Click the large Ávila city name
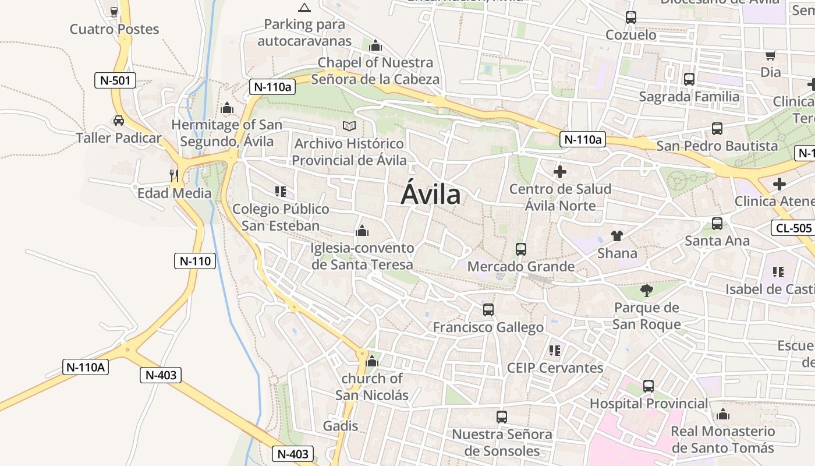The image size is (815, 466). [431, 195]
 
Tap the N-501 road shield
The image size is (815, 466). [115, 80]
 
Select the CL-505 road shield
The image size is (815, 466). [793, 228]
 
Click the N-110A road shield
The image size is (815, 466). [86, 367]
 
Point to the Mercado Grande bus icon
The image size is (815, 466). [521, 249]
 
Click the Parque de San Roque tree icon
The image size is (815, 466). [646, 291]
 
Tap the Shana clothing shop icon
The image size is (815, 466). [617, 236]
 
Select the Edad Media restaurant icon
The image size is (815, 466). [173, 175]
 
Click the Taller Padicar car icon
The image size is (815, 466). [119, 121]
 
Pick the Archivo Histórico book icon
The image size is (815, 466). [349, 126]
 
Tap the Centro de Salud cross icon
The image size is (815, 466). [560, 172]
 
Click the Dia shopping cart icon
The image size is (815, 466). [771, 56]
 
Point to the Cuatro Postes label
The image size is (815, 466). [114, 29]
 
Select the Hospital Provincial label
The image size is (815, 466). [649, 403]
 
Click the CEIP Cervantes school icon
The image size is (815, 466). [555, 351]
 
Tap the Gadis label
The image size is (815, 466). [341, 426]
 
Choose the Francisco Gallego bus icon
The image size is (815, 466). [488, 310]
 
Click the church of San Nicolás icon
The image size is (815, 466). [372, 362]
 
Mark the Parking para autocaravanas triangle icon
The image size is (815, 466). [304, 8]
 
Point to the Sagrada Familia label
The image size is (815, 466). [689, 97]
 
